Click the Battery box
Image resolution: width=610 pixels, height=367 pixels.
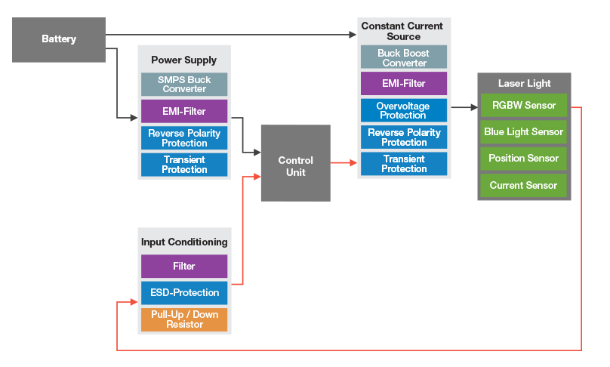[59, 39]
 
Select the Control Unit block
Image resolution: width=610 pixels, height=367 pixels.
[295, 163]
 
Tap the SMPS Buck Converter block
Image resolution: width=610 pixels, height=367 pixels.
[184, 84]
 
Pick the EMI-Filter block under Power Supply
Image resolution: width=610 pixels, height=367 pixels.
[184, 111]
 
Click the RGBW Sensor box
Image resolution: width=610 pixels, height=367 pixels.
[523, 105]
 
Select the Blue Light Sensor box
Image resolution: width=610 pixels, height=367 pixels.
[523, 131]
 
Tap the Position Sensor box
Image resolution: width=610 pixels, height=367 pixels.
[523, 159]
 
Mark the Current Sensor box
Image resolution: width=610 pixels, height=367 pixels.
[523, 185]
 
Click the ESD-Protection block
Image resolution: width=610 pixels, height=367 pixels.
[184, 292]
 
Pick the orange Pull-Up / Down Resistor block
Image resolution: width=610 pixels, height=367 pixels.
[184, 319]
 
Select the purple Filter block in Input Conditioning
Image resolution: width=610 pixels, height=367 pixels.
[184, 266]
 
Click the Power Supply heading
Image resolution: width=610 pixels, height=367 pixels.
[184, 60]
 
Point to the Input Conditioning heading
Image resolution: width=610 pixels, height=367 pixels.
[184, 242]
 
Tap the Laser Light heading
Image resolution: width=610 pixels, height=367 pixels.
[524, 83]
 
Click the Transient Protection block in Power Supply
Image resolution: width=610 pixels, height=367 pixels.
[184, 165]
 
